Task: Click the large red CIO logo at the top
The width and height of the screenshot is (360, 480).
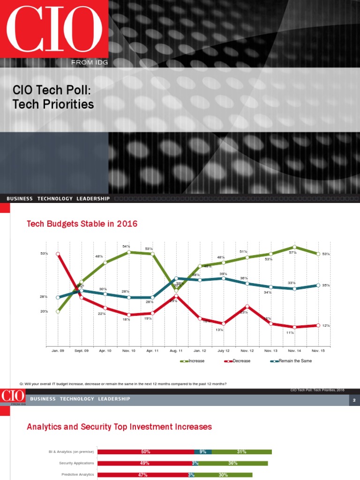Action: (54, 29)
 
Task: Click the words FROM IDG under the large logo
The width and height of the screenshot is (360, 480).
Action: (90, 62)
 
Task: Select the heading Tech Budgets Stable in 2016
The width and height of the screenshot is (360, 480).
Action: (82, 224)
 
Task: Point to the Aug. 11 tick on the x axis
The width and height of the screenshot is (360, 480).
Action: (176, 350)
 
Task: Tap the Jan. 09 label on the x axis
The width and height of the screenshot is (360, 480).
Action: (58, 350)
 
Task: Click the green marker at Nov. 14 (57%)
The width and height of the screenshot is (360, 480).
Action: (294, 247)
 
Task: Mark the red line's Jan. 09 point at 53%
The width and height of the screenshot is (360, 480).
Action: (58, 254)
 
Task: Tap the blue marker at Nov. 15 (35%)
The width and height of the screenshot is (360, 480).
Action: (318, 285)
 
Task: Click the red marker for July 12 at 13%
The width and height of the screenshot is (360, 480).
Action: (224, 323)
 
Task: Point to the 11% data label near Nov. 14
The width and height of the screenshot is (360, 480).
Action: (290, 333)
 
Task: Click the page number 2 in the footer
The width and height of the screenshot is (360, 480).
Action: (354, 400)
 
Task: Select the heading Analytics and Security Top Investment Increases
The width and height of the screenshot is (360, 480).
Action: (119, 427)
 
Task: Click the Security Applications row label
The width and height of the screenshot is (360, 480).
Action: (76, 463)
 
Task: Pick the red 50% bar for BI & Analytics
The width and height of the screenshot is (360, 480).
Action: (146, 452)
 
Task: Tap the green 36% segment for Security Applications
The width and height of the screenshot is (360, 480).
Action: (232, 463)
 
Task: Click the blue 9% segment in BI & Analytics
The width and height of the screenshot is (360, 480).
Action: (203, 452)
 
